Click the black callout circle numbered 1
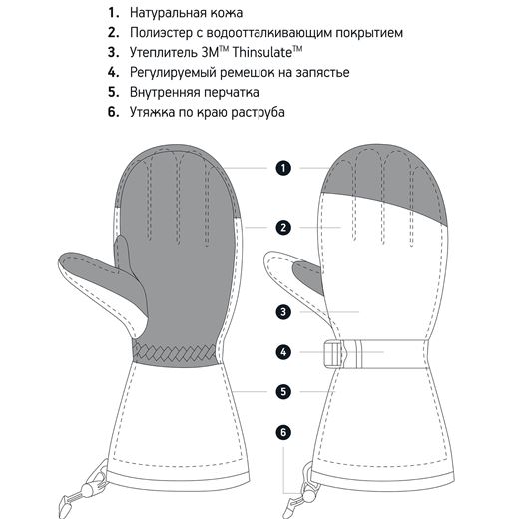pyautogui.click(x=283, y=168)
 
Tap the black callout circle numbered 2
pyautogui.click(x=283, y=228)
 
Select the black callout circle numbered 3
pyautogui.click(x=283, y=312)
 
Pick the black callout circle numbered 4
pyautogui.click(x=283, y=352)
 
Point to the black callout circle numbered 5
pyautogui.click(x=283, y=391)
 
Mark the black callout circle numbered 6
pyautogui.click(x=283, y=432)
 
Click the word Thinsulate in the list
pyautogui.click(x=261, y=52)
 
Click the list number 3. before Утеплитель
pyautogui.click(x=113, y=52)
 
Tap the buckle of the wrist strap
pyautogui.click(x=333, y=354)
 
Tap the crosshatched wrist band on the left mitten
pyautogui.click(x=175, y=353)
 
